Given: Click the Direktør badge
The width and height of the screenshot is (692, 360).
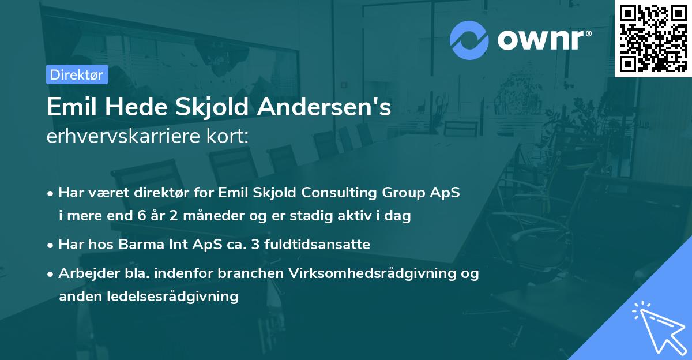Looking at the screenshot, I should click(77, 74).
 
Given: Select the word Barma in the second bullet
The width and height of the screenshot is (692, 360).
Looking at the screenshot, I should click(139, 244).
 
